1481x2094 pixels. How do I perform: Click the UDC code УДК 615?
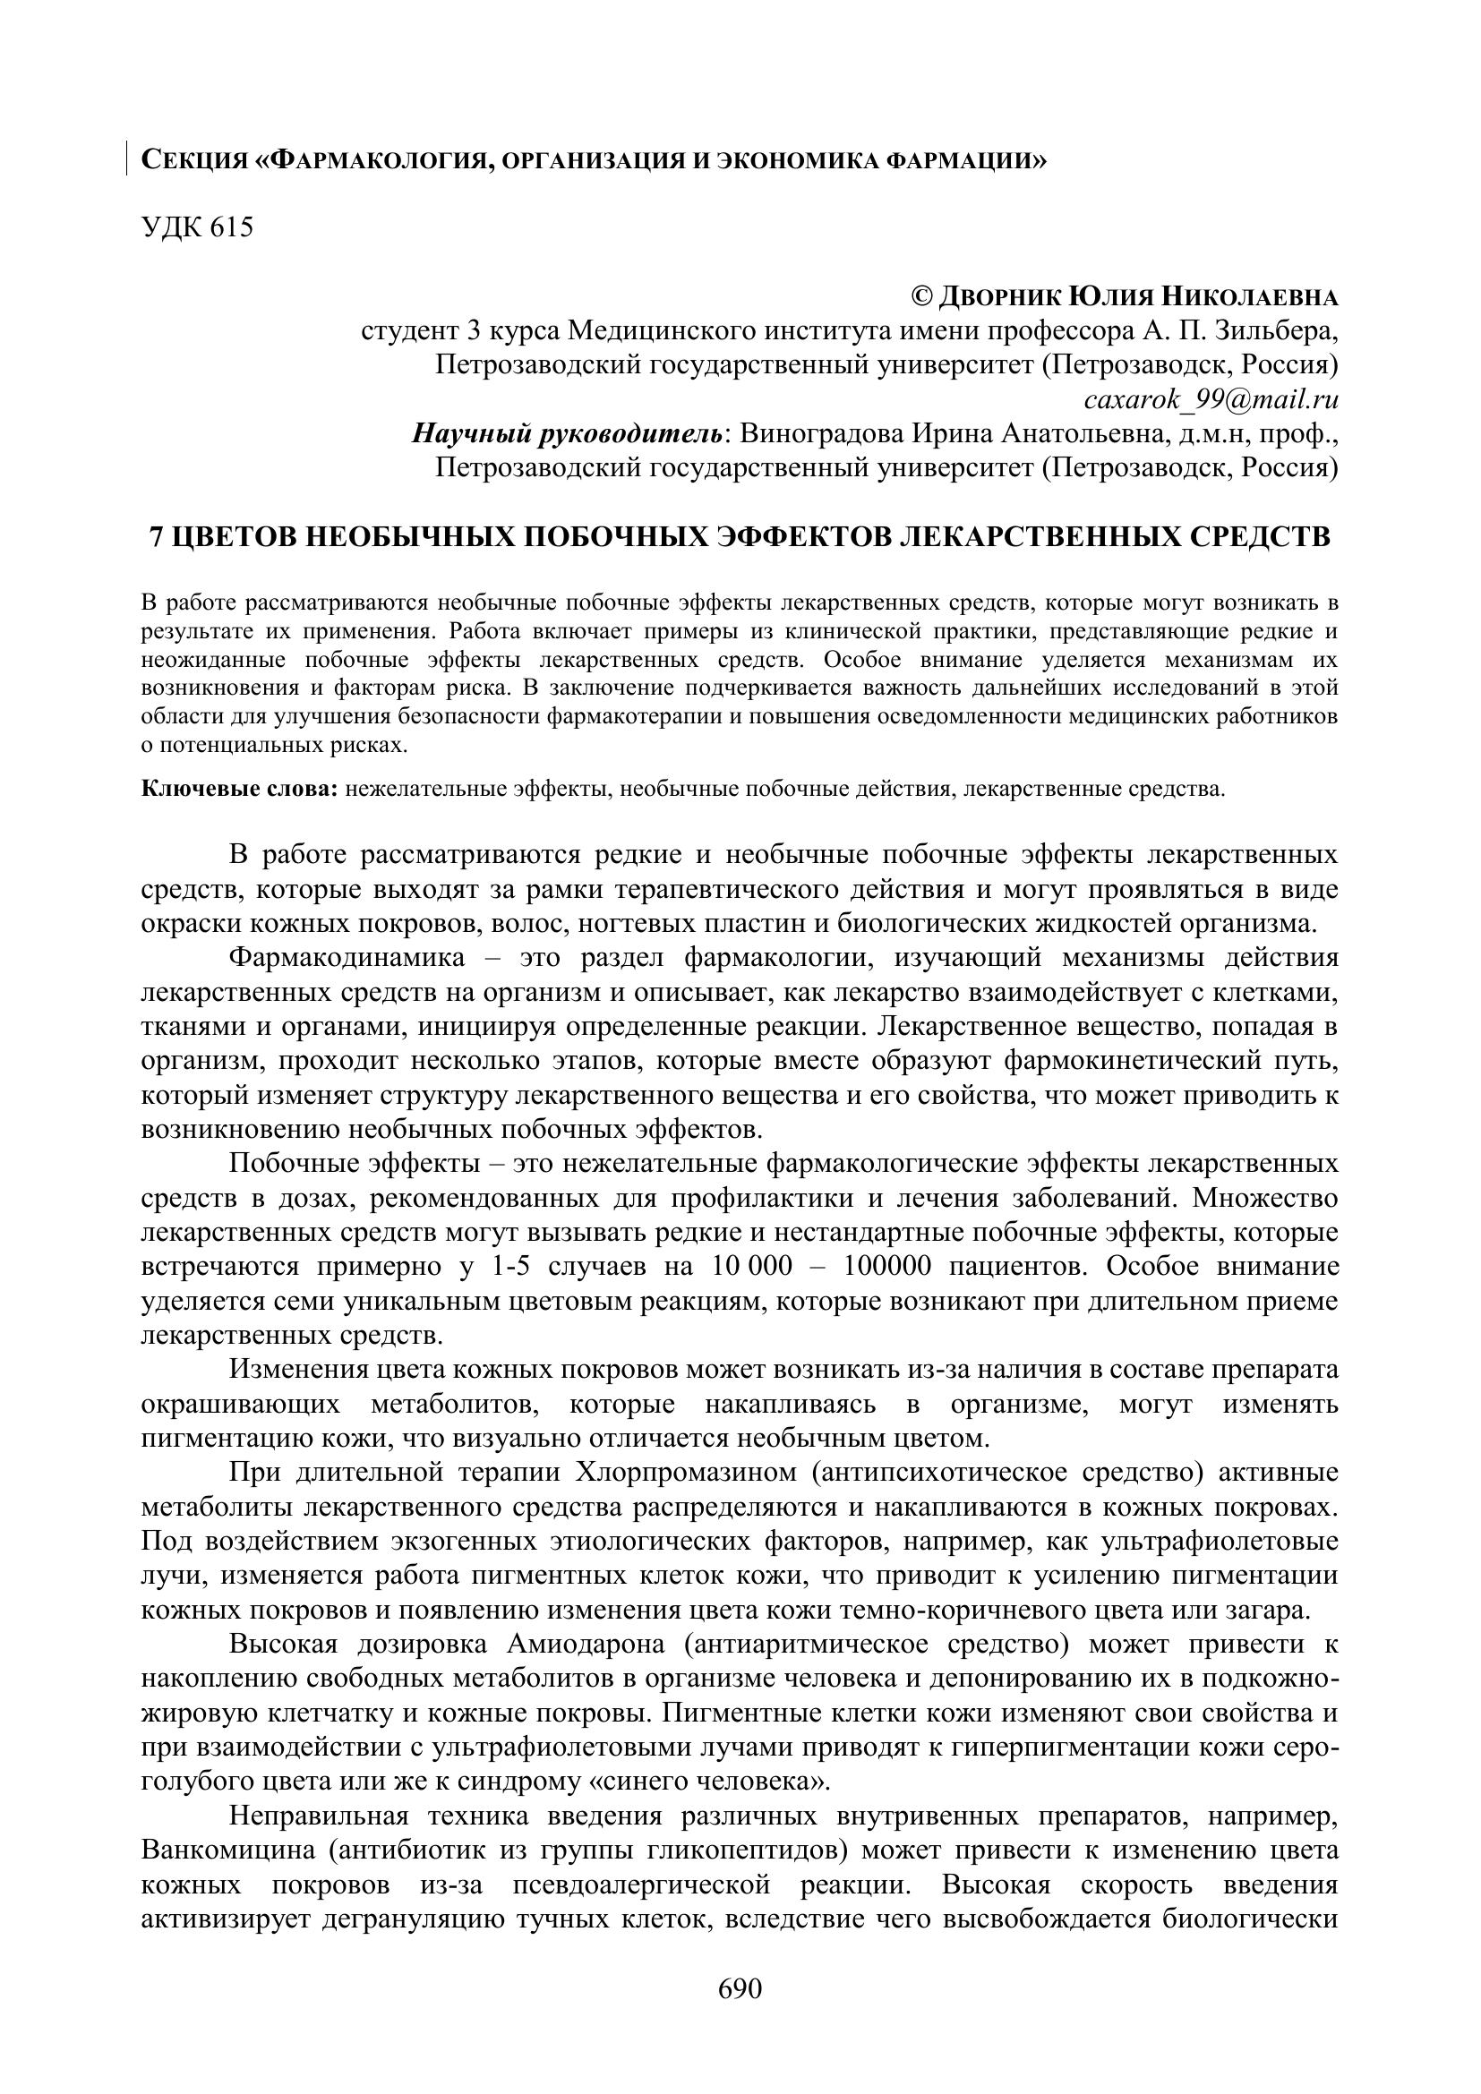(197, 228)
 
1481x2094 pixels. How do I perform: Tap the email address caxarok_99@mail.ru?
(1211, 399)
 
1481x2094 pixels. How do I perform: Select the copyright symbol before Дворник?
(922, 296)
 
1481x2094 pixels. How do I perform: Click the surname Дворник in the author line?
(999, 296)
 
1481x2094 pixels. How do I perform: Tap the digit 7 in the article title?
(156, 537)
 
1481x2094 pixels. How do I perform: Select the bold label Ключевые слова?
(240, 789)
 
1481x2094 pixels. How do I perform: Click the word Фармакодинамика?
(347, 958)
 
